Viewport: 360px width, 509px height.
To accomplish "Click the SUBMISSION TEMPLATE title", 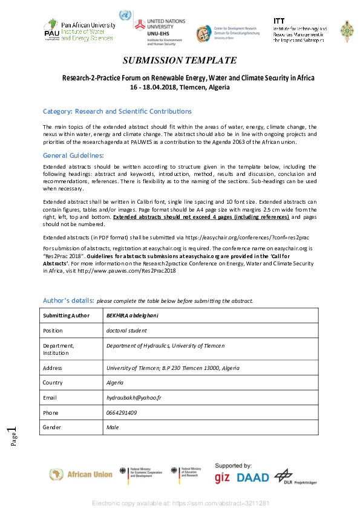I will click(180, 60).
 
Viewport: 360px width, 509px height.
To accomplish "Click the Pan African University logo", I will click(79, 30).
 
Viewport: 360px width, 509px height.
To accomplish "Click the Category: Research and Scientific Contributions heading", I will click(117, 112).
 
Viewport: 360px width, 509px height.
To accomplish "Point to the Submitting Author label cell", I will click(66, 316).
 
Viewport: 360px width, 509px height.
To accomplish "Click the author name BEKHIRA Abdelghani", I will click(132, 316).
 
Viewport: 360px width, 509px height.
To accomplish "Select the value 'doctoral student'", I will click(126, 331).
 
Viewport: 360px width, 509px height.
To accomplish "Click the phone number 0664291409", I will click(122, 412).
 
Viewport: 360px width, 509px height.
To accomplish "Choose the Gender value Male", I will click(113, 427).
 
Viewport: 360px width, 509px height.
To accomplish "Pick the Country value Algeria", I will click(115, 383).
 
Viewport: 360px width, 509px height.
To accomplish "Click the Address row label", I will click(53, 368).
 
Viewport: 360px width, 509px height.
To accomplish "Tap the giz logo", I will click(222, 478).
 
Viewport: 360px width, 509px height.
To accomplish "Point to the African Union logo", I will click(81, 475).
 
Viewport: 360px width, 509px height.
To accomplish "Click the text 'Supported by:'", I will click(234, 465).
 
